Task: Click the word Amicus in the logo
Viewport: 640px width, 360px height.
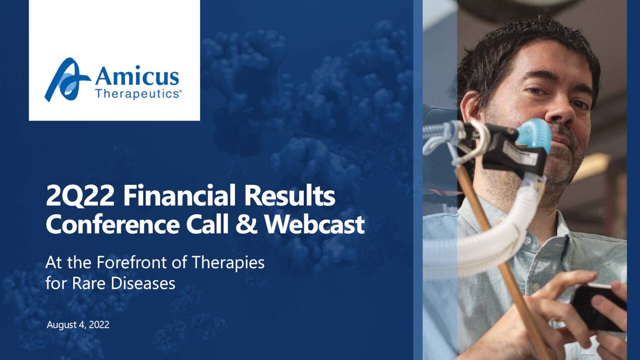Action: [x=136, y=77]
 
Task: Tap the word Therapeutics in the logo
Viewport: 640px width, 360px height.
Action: [x=138, y=93]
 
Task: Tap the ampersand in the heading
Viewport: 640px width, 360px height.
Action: [x=247, y=224]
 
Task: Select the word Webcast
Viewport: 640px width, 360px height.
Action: [x=314, y=224]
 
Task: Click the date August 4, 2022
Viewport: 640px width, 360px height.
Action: [x=78, y=325]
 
